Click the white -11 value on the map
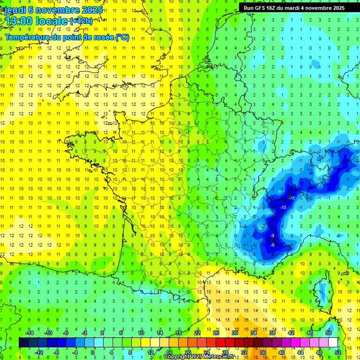point(292,198)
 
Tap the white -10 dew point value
point(283,207)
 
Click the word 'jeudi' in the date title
point(14,10)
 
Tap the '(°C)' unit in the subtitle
point(122,37)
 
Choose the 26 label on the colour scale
point(216,333)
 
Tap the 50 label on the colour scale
point(329,333)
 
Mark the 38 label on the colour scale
point(272,333)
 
